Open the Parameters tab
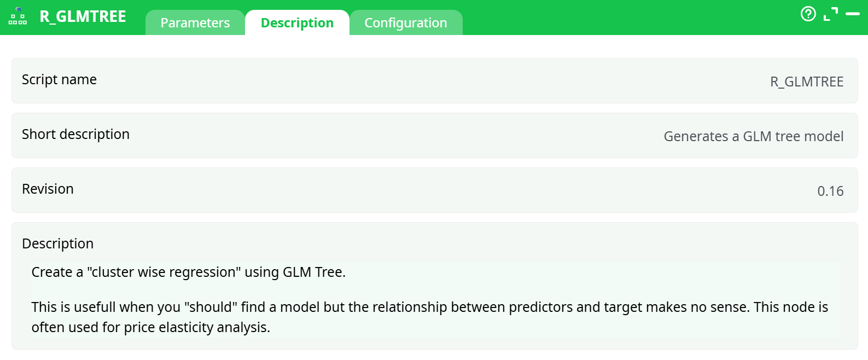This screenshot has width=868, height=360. click(x=195, y=23)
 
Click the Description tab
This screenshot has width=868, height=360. click(x=297, y=23)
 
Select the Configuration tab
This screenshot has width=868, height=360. click(x=406, y=23)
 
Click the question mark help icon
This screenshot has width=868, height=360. click(x=808, y=14)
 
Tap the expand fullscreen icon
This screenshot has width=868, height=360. click(x=830, y=14)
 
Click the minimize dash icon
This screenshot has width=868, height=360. click(x=852, y=14)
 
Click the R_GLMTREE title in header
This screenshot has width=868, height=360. click(x=83, y=16)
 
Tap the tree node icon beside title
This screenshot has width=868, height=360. click(x=18, y=16)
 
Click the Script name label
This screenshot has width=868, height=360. click(x=59, y=80)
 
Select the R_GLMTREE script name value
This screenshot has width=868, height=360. click(x=806, y=82)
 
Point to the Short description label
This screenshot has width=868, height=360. click(x=75, y=135)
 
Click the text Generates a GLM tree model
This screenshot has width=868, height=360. click(x=753, y=137)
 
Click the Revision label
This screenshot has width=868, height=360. click(x=48, y=189)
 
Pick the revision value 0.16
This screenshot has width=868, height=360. click(x=830, y=191)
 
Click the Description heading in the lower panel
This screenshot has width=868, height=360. click(x=57, y=244)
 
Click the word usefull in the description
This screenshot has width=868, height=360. click(x=94, y=307)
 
